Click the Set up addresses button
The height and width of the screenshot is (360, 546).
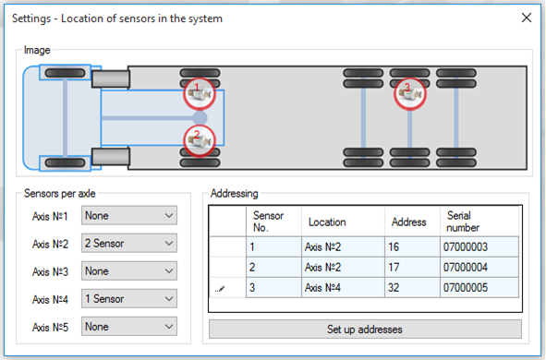point(365,329)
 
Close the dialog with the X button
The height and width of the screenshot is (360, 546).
point(527,18)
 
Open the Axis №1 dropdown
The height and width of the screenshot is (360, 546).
point(128,216)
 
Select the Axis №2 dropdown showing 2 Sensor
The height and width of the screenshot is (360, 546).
point(128,244)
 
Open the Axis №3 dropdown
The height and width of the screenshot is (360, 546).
point(128,271)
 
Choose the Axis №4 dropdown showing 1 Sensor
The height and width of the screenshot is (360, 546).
point(128,299)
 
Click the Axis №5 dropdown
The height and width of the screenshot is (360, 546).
point(128,327)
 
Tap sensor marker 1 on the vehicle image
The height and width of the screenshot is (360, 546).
point(197,92)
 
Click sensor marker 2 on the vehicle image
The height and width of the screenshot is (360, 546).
point(197,138)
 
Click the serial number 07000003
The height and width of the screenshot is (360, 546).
point(479,247)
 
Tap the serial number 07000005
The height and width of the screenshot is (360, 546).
point(479,288)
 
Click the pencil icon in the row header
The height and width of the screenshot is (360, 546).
point(220,289)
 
